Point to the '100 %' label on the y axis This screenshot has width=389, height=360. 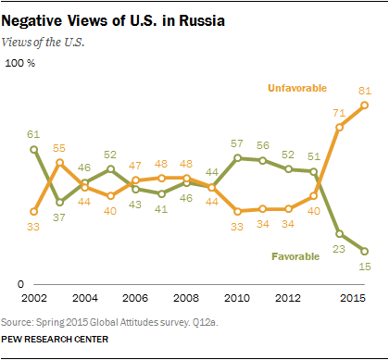[20, 64]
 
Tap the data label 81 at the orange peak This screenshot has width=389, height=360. [365, 90]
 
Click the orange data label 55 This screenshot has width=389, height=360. [59, 148]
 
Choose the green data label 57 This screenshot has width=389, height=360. [238, 143]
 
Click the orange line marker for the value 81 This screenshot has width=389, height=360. [365, 105]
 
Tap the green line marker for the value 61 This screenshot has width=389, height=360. [33, 148]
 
